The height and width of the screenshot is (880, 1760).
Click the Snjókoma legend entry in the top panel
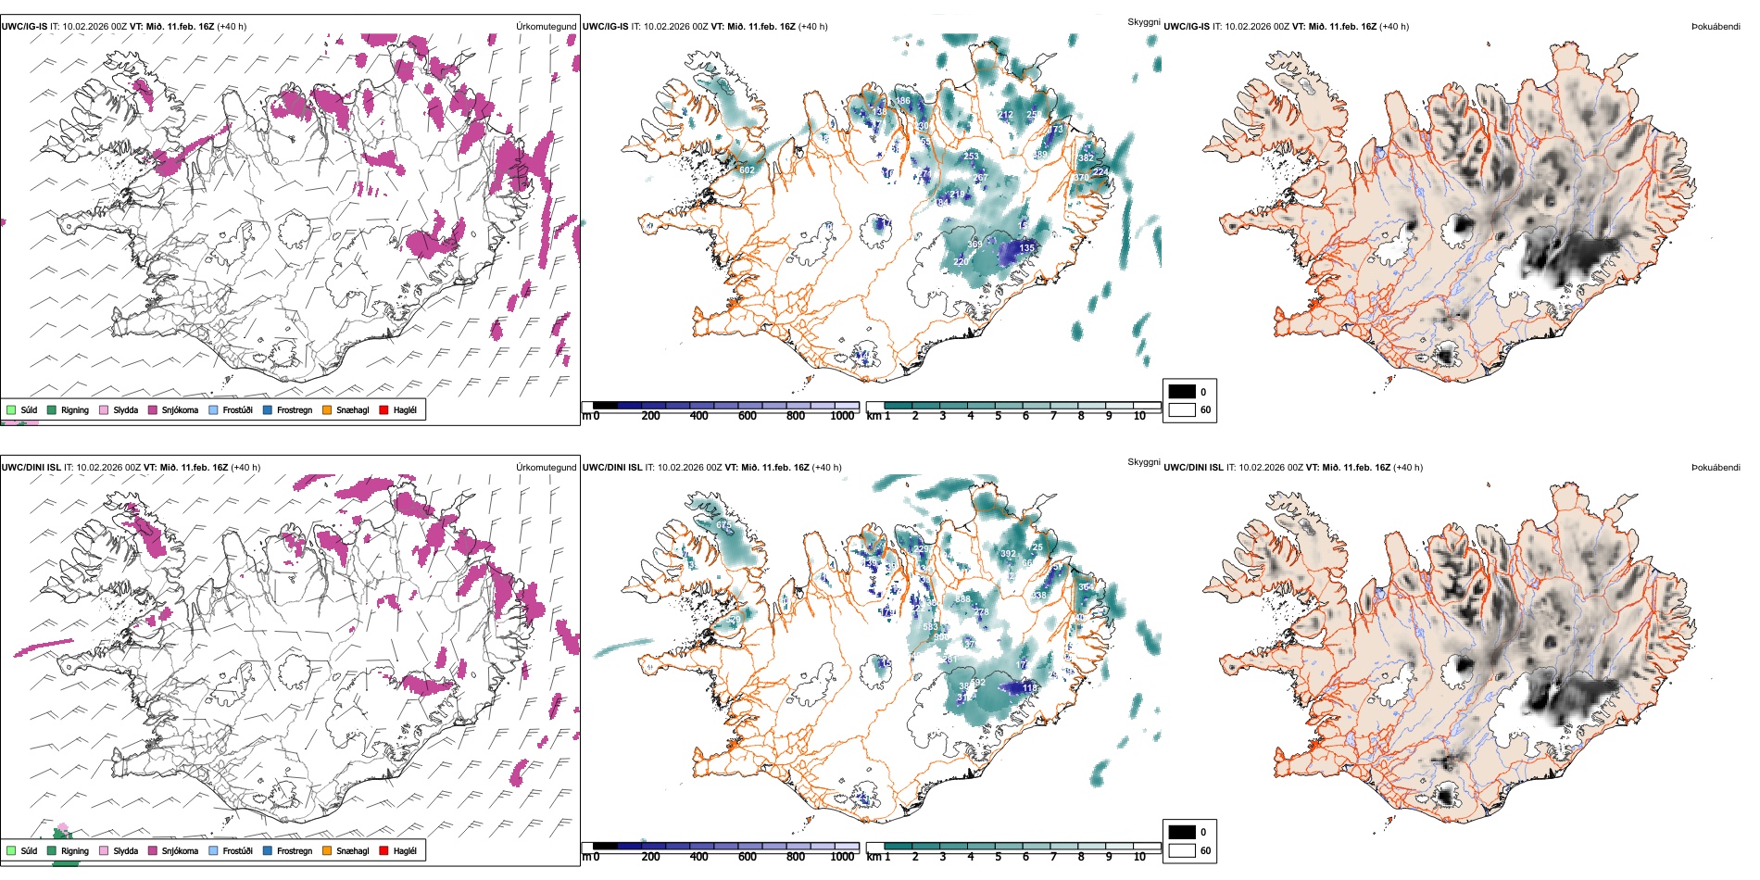point(180,409)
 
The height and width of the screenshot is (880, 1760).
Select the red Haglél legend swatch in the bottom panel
point(384,850)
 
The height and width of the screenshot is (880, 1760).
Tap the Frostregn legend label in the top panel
point(294,409)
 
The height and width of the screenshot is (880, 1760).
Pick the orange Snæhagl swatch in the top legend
point(327,409)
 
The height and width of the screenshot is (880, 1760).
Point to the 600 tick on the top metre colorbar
point(748,416)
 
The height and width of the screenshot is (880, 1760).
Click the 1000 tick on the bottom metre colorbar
point(842,857)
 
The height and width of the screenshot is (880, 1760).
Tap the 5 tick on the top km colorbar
point(998,416)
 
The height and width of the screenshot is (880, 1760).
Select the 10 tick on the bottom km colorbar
point(1139,857)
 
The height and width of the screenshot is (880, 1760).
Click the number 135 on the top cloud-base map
point(1026,248)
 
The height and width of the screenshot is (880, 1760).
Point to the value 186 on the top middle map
point(902,100)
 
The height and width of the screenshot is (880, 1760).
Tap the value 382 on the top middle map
point(1086,158)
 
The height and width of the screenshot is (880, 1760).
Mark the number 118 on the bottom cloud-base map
point(1029,688)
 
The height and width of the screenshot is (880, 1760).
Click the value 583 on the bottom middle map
point(930,627)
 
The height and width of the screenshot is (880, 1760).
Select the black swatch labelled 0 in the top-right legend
point(1182,392)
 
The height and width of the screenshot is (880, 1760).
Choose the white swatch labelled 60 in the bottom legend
point(1182,850)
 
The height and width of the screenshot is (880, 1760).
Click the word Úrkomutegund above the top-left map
point(546,27)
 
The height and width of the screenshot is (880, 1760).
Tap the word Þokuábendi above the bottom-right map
point(1716,468)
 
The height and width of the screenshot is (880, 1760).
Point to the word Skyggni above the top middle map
point(1143,21)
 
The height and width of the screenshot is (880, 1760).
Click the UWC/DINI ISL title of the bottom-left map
point(31,468)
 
